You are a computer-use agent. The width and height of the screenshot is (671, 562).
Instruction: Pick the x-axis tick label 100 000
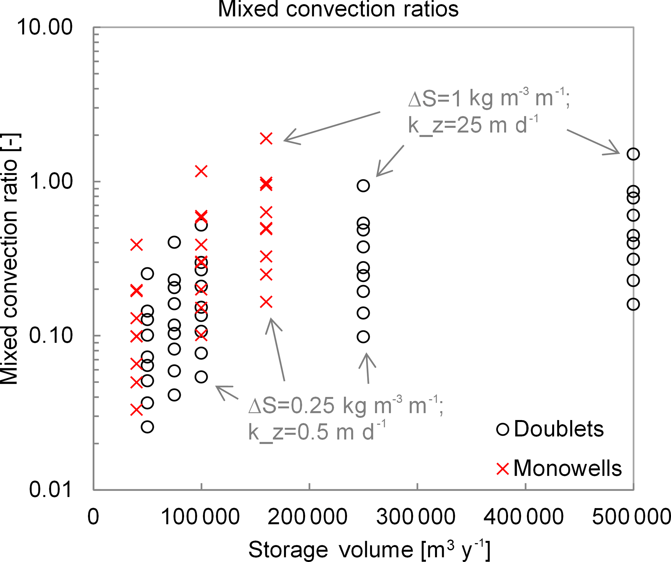(x=200, y=517)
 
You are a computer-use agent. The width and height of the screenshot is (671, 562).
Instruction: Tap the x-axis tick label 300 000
(x=416, y=517)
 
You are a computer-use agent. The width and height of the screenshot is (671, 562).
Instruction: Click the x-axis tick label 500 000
(x=631, y=517)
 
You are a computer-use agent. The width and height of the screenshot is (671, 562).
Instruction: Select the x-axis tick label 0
(x=93, y=517)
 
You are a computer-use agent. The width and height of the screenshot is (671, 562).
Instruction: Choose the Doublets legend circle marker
(x=503, y=429)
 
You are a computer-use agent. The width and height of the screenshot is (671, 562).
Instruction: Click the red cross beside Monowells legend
(x=503, y=469)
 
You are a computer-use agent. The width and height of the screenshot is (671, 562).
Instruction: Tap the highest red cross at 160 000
(x=266, y=139)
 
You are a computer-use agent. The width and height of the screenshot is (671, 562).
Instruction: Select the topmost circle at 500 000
(x=633, y=154)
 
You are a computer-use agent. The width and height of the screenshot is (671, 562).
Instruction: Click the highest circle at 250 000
(x=363, y=186)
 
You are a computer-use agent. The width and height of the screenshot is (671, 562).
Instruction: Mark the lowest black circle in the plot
(x=147, y=427)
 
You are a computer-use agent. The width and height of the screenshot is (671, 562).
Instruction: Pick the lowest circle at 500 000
(x=633, y=304)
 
